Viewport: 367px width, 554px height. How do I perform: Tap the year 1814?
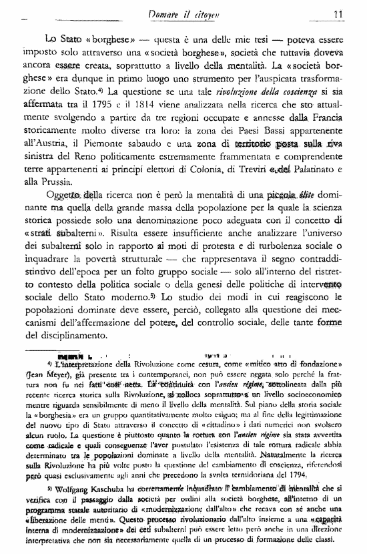153,104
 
